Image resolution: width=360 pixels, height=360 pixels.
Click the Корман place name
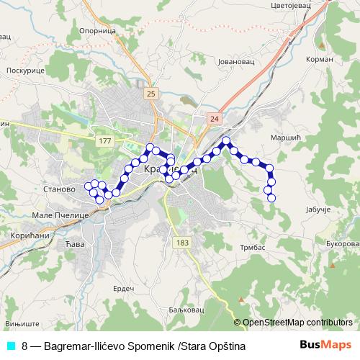pyautogui.click(x=320, y=59)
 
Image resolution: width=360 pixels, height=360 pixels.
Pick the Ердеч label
pyautogui.click(x=125, y=288)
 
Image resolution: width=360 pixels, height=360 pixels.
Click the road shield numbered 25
pyautogui.click(x=150, y=94)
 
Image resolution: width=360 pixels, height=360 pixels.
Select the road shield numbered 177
pyautogui.click(x=105, y=140)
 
